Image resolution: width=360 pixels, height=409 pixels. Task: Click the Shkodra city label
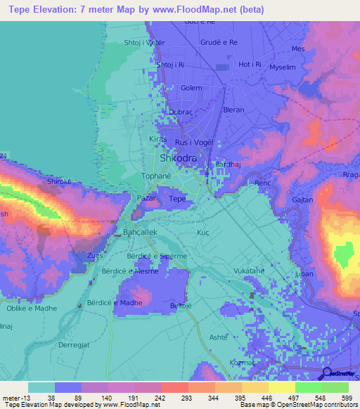[x=179, y=158]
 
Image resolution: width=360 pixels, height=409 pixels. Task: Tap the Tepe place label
[x=177, y=200]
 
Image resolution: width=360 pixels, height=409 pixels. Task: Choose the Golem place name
[x=191, y=89]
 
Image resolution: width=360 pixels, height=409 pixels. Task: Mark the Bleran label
[x=233, y=110]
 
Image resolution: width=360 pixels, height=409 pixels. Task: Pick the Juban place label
[x=305, y=274]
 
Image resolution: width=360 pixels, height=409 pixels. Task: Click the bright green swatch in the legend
[x=308, y=387]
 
